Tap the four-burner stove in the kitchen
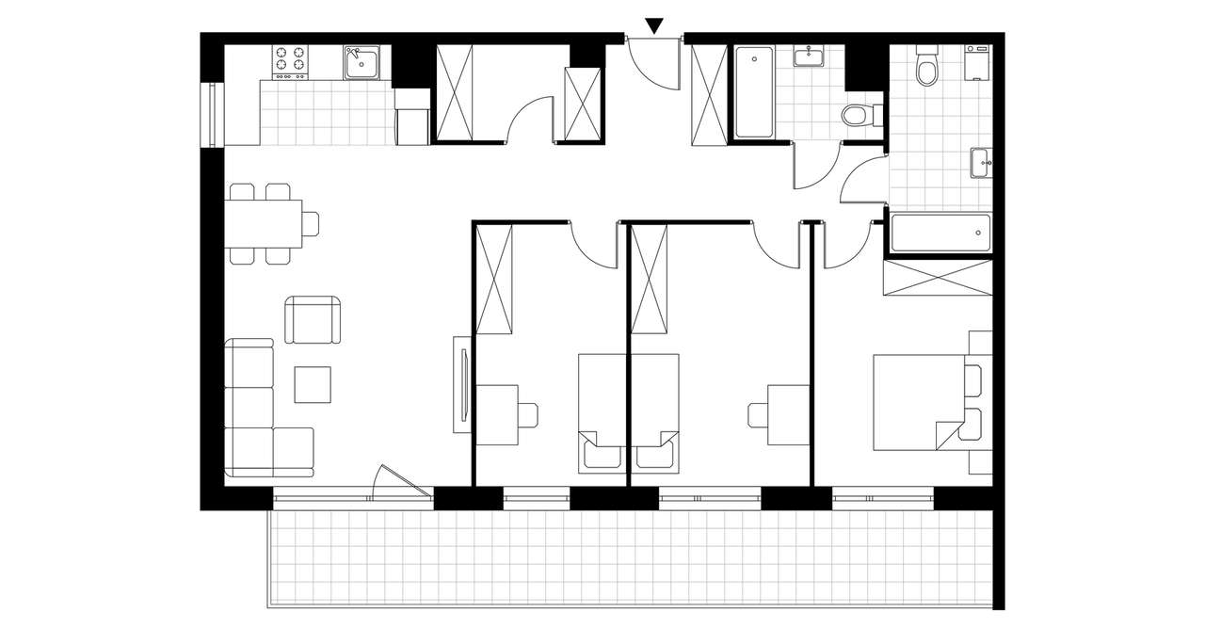pyautogui.click(x=291, y=61)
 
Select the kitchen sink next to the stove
pyautogui.click(x=361, y=62)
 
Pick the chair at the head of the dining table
pyautogui.click(x=311, y=223)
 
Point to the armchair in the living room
pyautogui.click(x=313, y=320)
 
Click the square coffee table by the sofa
pyautogui.click(x=313, y=384)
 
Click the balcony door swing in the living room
pyautogui.click(x=400, y=482)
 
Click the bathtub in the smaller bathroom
pyautogui.click(x=754, y=92)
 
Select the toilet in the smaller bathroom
pyautogui.click(x=860, y=115)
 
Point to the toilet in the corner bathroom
pyautogui.click(x=926, y=66)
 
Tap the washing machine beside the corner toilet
pyautogui.click(x=977, y=61)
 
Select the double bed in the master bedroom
pyautogui.click(x=918, y=401)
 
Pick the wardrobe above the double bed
pyautogui.click(x=937, y=279)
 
